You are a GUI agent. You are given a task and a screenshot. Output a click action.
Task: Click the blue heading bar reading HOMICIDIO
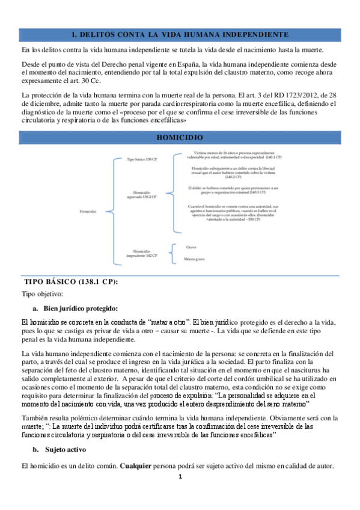(x=180, y=137)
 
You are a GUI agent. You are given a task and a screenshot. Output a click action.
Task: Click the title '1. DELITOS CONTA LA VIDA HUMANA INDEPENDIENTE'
(x=180, y=35)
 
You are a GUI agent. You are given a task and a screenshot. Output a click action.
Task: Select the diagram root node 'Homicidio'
(x=88, y=210)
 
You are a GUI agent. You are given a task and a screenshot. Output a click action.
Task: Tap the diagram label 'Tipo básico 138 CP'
(x=143, y=160)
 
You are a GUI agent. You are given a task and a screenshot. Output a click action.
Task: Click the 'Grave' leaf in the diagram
(x=191, y=247)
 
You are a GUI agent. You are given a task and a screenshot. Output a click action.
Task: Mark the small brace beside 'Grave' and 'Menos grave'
(x=173, y=253)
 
